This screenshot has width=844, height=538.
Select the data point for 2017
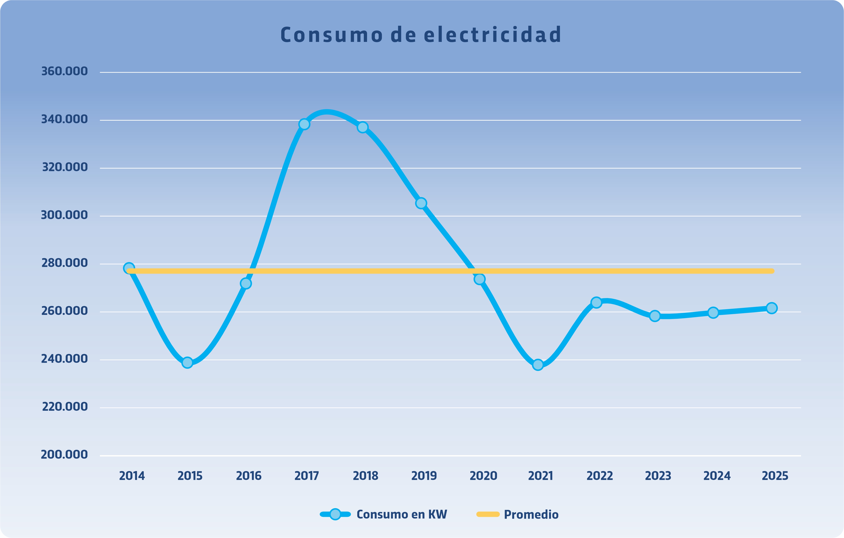click(304, 124)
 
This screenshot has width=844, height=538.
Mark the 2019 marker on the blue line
click(421, 203)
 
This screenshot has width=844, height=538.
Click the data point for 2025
click(771, 308)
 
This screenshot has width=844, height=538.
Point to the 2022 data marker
click(596, 302)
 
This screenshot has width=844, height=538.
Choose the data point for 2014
click(129, 268)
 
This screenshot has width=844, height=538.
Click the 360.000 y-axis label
click(64, 71)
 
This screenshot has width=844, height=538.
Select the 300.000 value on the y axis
click(64, 215)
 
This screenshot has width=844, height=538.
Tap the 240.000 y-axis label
click(64, 359)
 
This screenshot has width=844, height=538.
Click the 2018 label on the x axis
click(366, 476)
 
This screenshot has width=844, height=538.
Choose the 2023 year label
click(658, 476)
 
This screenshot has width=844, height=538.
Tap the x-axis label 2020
click(483, 476)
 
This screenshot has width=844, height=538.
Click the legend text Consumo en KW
click(402, 515)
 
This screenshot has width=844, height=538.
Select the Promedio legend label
click(531, 515)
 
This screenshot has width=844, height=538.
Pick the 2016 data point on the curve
click(246, 283)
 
